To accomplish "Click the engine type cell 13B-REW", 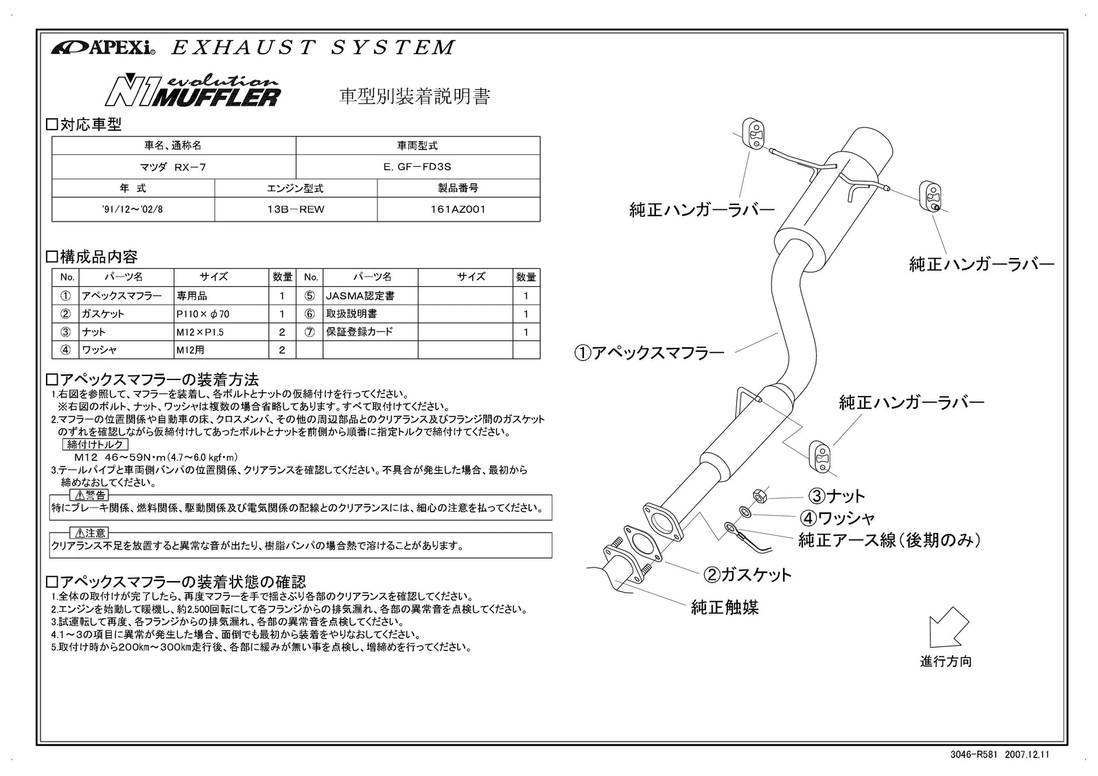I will (x=295, y=209).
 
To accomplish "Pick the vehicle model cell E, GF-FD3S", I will (x=418, y=167).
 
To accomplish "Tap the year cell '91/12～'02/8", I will (x=132, y=209).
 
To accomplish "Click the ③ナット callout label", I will (x=836, y=495).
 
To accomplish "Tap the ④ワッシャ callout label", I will (x=837, y=517).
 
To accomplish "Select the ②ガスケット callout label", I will (x=747, y=574).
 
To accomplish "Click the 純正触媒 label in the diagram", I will (x=725, y=607).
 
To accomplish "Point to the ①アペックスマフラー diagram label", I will (x=649, y=353).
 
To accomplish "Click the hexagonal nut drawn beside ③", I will (x=758, y=494).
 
